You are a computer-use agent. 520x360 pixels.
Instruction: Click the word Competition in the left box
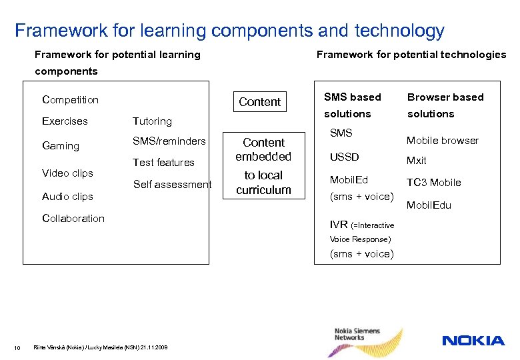tap(70, 100)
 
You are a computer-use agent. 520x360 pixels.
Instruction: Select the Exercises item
tap(65, 121)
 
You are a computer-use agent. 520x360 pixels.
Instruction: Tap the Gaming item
tap(60, 146)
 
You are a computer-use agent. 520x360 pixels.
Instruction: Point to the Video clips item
tap(67, 173)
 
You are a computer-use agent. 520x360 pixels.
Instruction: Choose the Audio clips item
tap(67, 197)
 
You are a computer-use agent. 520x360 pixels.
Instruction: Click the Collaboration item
tap(73, 219)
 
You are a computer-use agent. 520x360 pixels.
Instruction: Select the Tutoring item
tap(152, 121)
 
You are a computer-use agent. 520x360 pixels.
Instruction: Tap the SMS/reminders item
tap(169, 141)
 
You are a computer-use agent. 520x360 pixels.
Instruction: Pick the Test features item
tap(163, 163)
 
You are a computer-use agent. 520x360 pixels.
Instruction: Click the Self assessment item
tap(172, 185)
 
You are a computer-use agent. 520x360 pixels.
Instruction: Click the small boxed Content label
tap(259, 102)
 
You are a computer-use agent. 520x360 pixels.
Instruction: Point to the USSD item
tap(345, 157)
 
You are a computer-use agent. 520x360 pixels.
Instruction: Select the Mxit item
tap(417, 161)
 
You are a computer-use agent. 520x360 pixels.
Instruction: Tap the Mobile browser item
tap(443, 141)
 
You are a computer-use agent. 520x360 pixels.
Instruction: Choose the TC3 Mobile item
tap(434, 183)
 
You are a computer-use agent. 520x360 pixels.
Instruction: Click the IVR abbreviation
tap(339, 225)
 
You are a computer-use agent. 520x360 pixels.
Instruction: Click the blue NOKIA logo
tap(473, 341)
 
